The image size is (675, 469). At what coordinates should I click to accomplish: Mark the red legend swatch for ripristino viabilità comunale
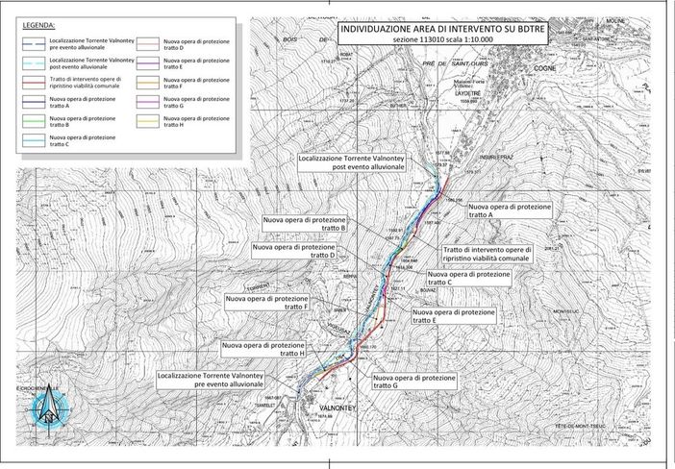(x=37, y=82)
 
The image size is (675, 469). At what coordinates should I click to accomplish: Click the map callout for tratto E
(x=453, y=316)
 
